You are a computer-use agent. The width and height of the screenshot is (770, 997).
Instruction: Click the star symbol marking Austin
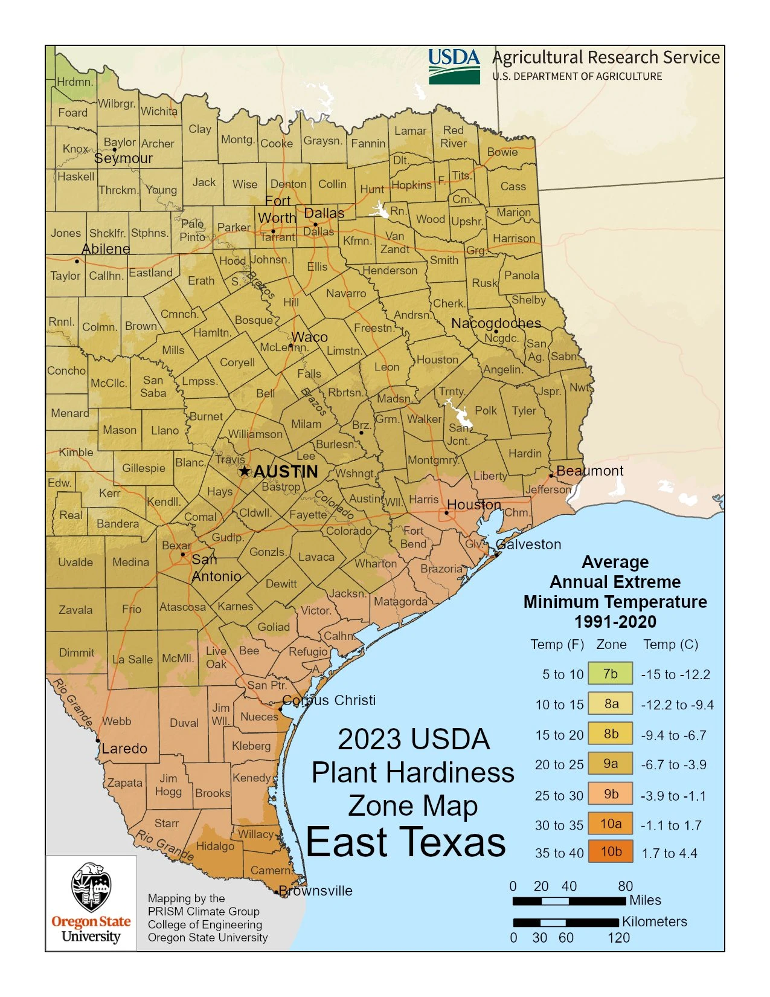(244, 471)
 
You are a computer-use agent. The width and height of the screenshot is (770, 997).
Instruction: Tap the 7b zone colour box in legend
(611, 674)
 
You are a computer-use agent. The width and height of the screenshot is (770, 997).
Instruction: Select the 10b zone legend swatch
(611, 851)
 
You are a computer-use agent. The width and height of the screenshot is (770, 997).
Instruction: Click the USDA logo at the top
(454, 66)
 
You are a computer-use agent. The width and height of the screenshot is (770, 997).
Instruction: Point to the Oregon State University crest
(91, 887)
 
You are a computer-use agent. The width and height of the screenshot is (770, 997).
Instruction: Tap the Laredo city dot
(98, 740)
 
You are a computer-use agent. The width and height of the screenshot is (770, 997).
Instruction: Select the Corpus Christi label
(329, 700)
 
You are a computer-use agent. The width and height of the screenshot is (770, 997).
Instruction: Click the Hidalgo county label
(215, 846)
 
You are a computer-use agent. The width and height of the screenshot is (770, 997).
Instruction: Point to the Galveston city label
(529, 544)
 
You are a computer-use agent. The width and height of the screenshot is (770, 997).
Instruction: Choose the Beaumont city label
(589, 471)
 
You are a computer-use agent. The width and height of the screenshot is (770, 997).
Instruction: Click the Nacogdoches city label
(496, 323)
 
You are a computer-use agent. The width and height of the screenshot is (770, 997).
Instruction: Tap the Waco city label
(309, 337)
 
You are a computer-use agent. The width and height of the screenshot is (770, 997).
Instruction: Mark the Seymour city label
(123, 158)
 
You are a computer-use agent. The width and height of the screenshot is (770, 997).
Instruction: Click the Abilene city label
(106, 249)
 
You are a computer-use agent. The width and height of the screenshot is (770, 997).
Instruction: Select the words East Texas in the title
(405, 842)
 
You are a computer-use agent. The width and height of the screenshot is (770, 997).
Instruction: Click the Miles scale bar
(569, 901)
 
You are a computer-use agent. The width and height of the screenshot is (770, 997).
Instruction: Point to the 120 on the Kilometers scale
(618, 938)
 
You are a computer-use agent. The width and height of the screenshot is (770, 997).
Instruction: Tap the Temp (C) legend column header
(670, 644)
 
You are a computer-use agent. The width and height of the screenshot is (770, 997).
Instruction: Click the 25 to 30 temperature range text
(559, 796)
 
